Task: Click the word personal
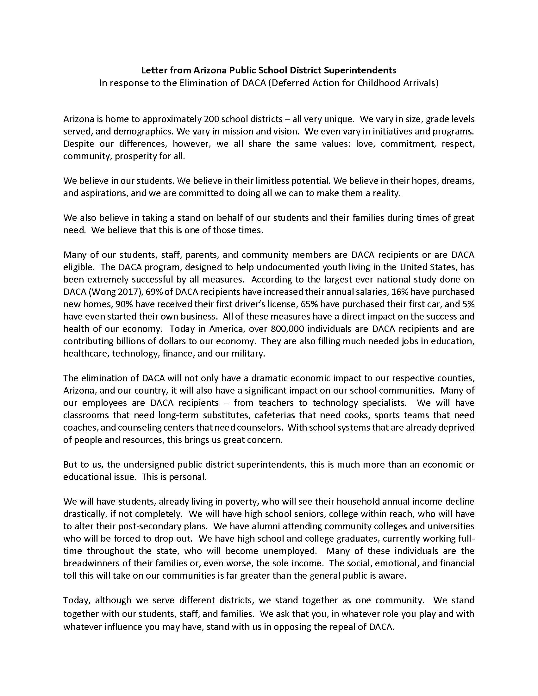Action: coord(190,477)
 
